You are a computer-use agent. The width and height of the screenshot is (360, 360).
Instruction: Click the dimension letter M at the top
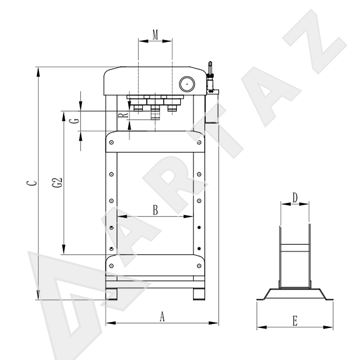coord(155,35)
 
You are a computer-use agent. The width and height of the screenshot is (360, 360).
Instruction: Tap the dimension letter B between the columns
coord(155,210)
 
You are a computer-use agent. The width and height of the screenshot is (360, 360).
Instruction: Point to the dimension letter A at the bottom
coord(162,316)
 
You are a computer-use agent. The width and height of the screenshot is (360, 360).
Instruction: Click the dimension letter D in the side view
coord(295,198)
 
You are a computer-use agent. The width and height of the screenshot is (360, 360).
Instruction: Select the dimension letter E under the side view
coord(295,321)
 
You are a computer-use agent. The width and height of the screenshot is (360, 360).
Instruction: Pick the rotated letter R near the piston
coord(123,115)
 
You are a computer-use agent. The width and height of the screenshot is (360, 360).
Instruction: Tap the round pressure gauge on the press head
coord(187,84)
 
